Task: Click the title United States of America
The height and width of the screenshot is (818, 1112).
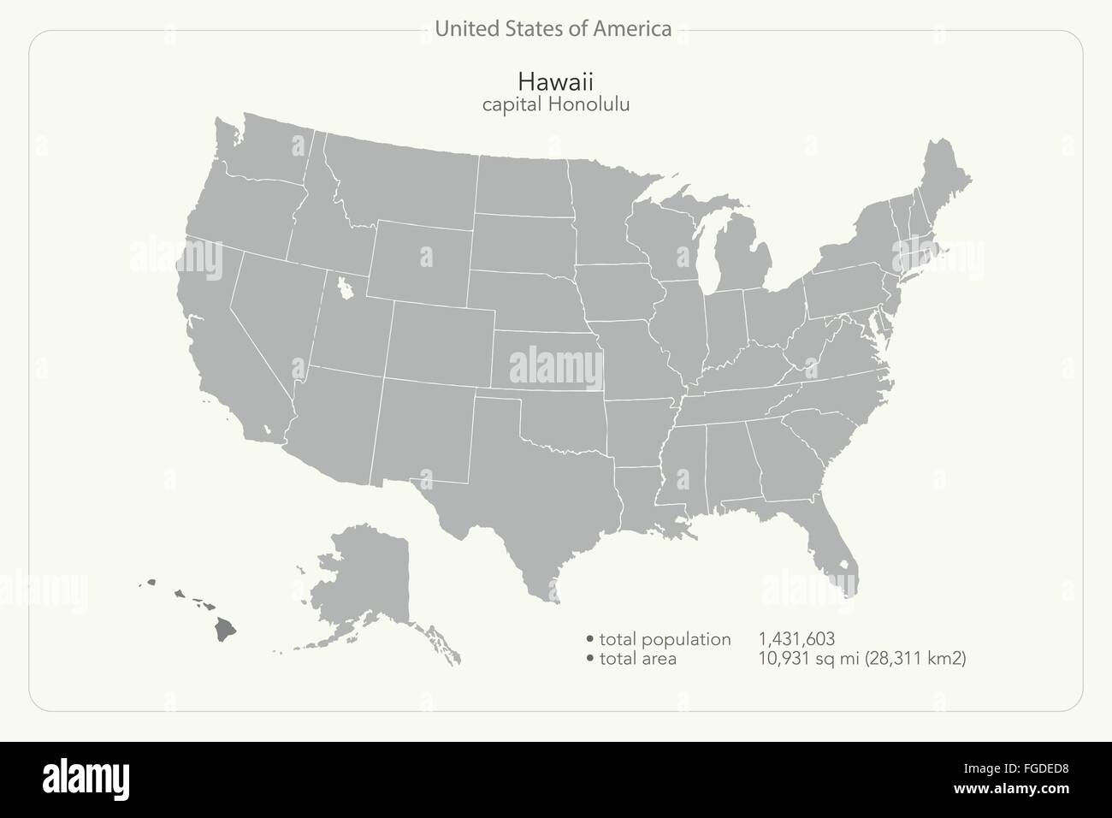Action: [x=553, y=29]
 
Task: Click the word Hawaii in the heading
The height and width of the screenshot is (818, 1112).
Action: [x=555, y=80]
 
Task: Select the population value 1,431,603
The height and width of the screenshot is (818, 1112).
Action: [x=796, y=639]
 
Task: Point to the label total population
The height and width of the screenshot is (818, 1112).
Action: [x=665, y=639]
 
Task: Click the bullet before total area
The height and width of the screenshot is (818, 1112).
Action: [x=590, y=659]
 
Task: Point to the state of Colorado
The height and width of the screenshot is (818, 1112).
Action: [x=441, y=342]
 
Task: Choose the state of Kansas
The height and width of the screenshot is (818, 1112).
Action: [x=547, y=359]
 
